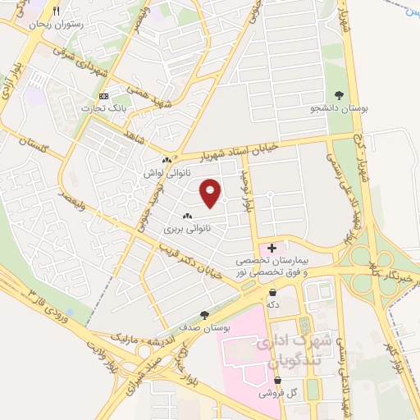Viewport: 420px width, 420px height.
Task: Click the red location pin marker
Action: click(211, 192)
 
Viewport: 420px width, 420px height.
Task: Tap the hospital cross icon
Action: click(272, 248)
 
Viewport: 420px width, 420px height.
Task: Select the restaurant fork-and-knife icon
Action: click(57, 11)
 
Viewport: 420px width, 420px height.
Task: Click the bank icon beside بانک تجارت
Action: click(103, 95)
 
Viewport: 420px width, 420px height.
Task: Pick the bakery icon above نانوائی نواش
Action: click(167, 160)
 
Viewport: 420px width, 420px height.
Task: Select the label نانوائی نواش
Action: click(167, 173)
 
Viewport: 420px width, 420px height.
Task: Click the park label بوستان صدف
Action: click(204, 327)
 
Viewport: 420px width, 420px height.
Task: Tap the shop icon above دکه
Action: click(272, 291)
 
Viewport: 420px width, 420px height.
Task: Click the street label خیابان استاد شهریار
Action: click(246, 149)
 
